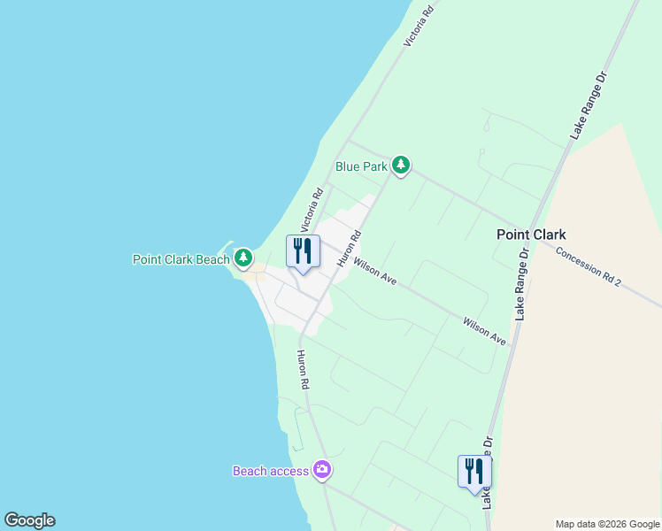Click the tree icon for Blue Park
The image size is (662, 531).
pyautogui.click(x=401, y=165)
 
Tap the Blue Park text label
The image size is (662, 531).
pyautogui.click(x=362, y=165)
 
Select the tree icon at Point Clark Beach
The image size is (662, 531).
pyautogui.click(x=243, y=258)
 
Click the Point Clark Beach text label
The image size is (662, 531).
pyautogui.click(x=181, y=259)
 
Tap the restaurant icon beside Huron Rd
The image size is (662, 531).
pyautogui.click(x=303, y=251)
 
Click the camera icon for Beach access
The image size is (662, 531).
pyautogui.click(x=322, y=470)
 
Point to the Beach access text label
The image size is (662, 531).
pyautogui.click(x=271, y=471)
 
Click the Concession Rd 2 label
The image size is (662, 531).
pyautogui.click(x=589, y=265)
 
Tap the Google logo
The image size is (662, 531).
pyautogui.click(x=29, y=520)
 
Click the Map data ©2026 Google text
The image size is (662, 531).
pyautogui.click(x=607, y=524)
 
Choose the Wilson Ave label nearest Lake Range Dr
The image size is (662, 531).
pyautogui.click(x=484, y=330)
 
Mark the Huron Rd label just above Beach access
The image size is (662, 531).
pyautogui.click(x=303, y=370)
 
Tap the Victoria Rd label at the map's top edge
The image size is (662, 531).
pyautogui.click(x=419, y=26)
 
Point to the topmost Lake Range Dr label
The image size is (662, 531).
pyautogui.click(x=590, y=104)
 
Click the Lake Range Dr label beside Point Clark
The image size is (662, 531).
pyautogui.click(x=523, y=283)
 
